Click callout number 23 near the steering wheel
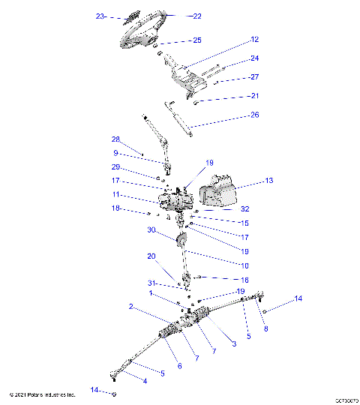coord(100,16)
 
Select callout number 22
coord(197,16)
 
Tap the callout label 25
coord(197,40)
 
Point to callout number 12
coord(254,38)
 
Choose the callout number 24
coord(254,58)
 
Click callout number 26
coord(254,115)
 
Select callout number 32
coord(245,209)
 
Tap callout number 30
coord(151,230)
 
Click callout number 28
coord(116,139)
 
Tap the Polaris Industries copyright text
coord(43,394)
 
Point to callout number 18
coord(115,208)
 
